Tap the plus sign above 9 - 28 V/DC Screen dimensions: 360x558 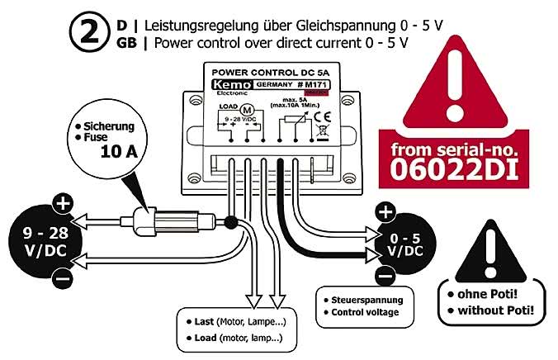pos(63,202)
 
